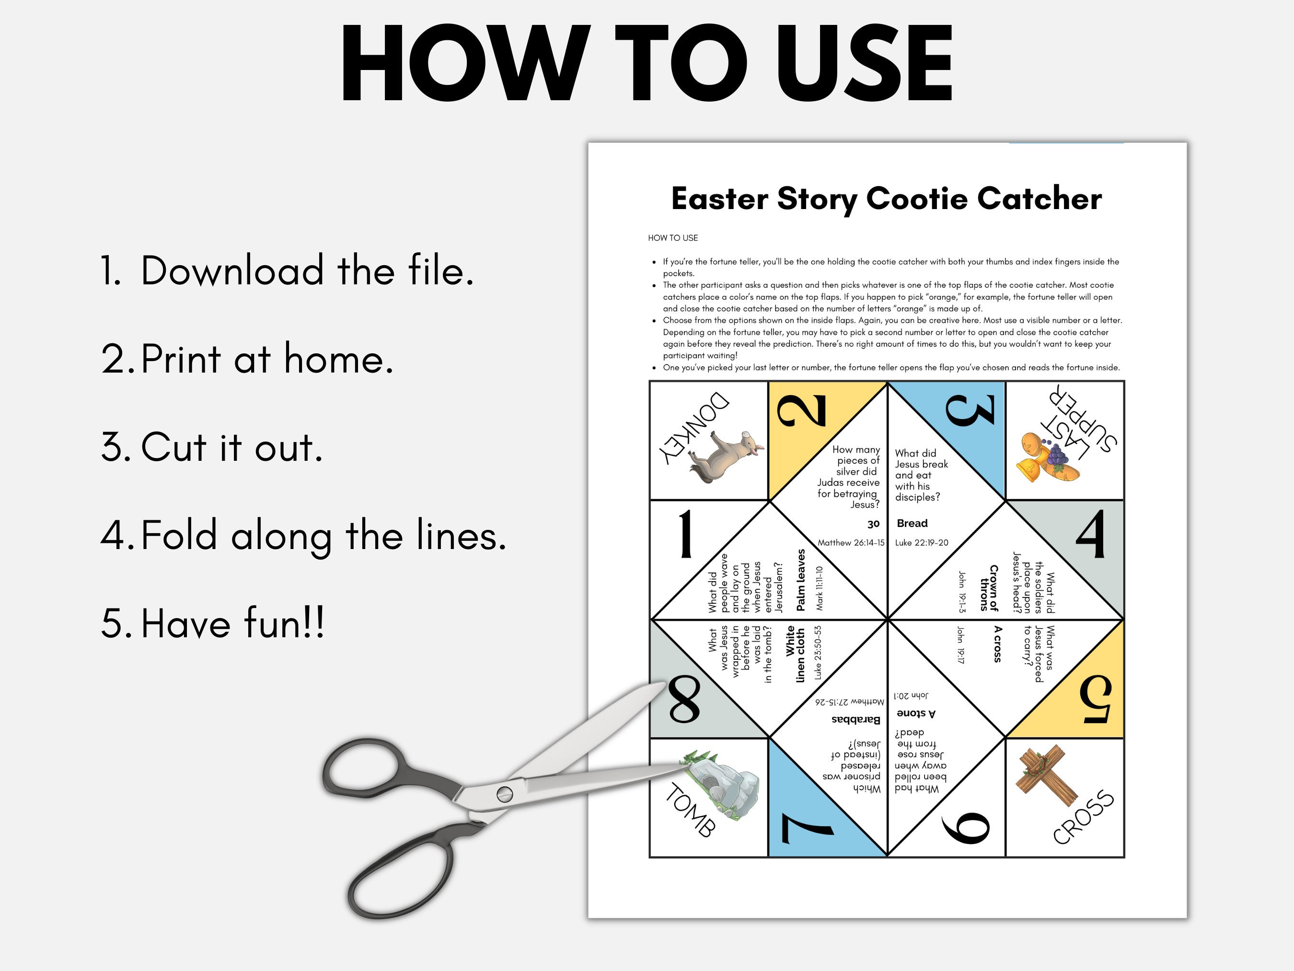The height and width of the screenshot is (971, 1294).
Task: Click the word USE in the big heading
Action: pyautogui.click(x=865, y=64)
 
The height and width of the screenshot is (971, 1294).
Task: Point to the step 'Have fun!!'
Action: pyautogui.click(x=232, y=623)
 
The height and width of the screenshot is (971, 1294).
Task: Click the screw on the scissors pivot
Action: pyautogui.click(x=504, y=794)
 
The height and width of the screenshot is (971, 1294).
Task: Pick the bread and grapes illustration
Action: pyautogui.click(x=1047, y=459)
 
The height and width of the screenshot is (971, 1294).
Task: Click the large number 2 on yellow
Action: pyautogui.click(x=801, y=409)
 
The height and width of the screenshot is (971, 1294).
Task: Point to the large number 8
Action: pyautogui.click(x=684, y=700)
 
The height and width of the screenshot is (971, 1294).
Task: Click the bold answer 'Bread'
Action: pyautogui.click(x=912, y=523)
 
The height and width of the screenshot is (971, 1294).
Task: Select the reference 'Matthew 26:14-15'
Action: pyautogui.click(x=851, y=543)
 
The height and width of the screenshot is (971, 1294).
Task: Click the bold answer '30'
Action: pyautogui.click(x=873, y=524)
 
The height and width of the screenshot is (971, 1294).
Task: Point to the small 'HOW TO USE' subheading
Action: pyautogui.click(x=673, y=238)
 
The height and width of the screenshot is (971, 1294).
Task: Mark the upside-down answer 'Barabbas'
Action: pyautogui.click(x=855, y=719)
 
